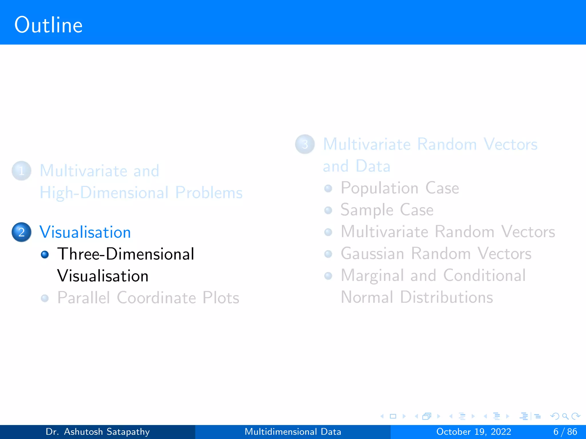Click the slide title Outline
pos(49,25)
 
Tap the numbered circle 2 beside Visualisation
pos(21,232)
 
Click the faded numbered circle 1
pos(21,171)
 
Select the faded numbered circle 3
pos(305,144)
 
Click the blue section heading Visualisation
pos(85,232)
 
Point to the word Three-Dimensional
pos(126,254)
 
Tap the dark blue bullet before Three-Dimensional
pos(45,254)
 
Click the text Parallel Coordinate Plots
pos(148,298)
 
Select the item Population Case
pos(399,188)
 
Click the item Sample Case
pos(387,210)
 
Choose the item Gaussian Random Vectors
pos(436,254)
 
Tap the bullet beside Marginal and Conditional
pos(328,276)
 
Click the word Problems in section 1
pos(209,193)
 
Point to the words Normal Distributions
pos(417,297)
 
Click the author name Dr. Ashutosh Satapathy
pos(98,432)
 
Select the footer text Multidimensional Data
pos(293,432)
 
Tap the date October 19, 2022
pos(474,432)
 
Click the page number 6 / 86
pos(565,432)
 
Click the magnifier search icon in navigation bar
pos(565,416)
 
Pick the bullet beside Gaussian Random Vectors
pos(328,254)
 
